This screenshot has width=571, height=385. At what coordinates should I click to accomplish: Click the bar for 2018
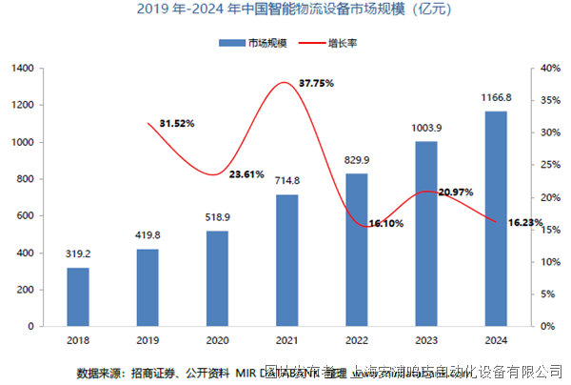pyautogui.click(x=78, y=296)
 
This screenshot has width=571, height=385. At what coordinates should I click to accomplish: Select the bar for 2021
pyautogui.click(x=287, y=260)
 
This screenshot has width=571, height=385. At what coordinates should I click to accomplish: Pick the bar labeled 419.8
pyautogui.click(x=148, y=287)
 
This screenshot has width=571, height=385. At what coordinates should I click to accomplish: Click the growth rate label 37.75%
pyautogui.click(x=317, y=83)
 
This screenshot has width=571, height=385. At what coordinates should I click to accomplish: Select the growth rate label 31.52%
pyautogui.click(x=178, y=123)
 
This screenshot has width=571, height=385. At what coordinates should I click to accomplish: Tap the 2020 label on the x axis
pyautogui.click(x=217, y=340)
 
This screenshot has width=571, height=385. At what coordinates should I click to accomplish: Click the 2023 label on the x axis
pyautogui.click(x=426, y=340)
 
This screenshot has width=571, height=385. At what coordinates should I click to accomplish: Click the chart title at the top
pyautogui.click(x=286, y=11)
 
